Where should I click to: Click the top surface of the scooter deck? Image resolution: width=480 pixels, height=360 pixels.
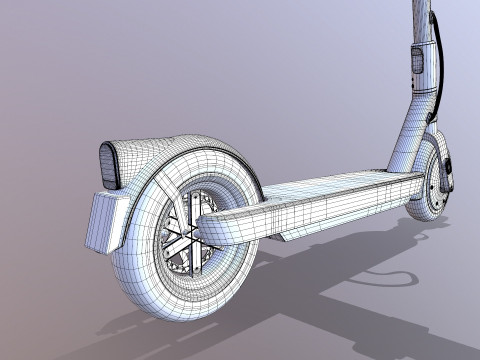pos(330,185)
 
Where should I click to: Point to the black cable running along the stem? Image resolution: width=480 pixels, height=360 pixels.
pos(438,70)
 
